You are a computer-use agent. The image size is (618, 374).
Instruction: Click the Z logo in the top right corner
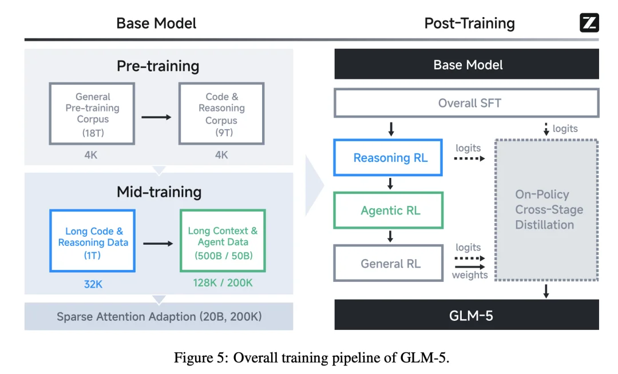click(x=589, y=23)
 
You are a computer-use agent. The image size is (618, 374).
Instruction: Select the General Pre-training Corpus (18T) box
click(x=92, y=113)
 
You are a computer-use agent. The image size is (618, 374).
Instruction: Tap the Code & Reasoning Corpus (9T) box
click(x=221, y=113)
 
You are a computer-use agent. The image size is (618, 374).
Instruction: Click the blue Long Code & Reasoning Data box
click(x=93, y=240)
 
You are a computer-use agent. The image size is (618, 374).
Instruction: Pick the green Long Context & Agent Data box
click(x=223, y=240)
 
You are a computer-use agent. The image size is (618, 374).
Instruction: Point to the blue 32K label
click(x=93, y=283)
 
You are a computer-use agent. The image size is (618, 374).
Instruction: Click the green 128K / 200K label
click(x=223, y=283)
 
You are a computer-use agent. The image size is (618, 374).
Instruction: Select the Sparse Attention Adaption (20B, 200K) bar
click(x=159, y=316)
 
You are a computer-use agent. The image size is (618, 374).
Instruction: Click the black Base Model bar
click(x=466, y=64)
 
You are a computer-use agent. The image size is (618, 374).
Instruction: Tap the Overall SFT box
click(x=466, y=104)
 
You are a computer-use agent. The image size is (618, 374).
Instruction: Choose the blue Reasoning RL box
click(x=390, y=158)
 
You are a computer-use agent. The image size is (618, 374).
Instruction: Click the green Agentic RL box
click(x=390, y=210)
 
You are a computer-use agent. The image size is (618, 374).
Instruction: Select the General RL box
click(x=390, y=264)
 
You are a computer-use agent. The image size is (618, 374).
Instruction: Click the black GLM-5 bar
click(x=466, y=315)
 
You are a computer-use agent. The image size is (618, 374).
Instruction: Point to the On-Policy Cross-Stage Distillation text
click(x=549, y=209)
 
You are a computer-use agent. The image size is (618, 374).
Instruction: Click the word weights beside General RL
click(x=470, y=275)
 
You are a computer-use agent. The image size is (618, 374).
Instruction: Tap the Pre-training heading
click(x=158, y=66)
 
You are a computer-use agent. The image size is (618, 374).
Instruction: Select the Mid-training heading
click(x=159, y=192)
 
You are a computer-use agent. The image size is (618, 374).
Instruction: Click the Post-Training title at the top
click(x=469, y=23)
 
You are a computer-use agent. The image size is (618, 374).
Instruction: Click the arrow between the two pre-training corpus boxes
click(x=156, y=117)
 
